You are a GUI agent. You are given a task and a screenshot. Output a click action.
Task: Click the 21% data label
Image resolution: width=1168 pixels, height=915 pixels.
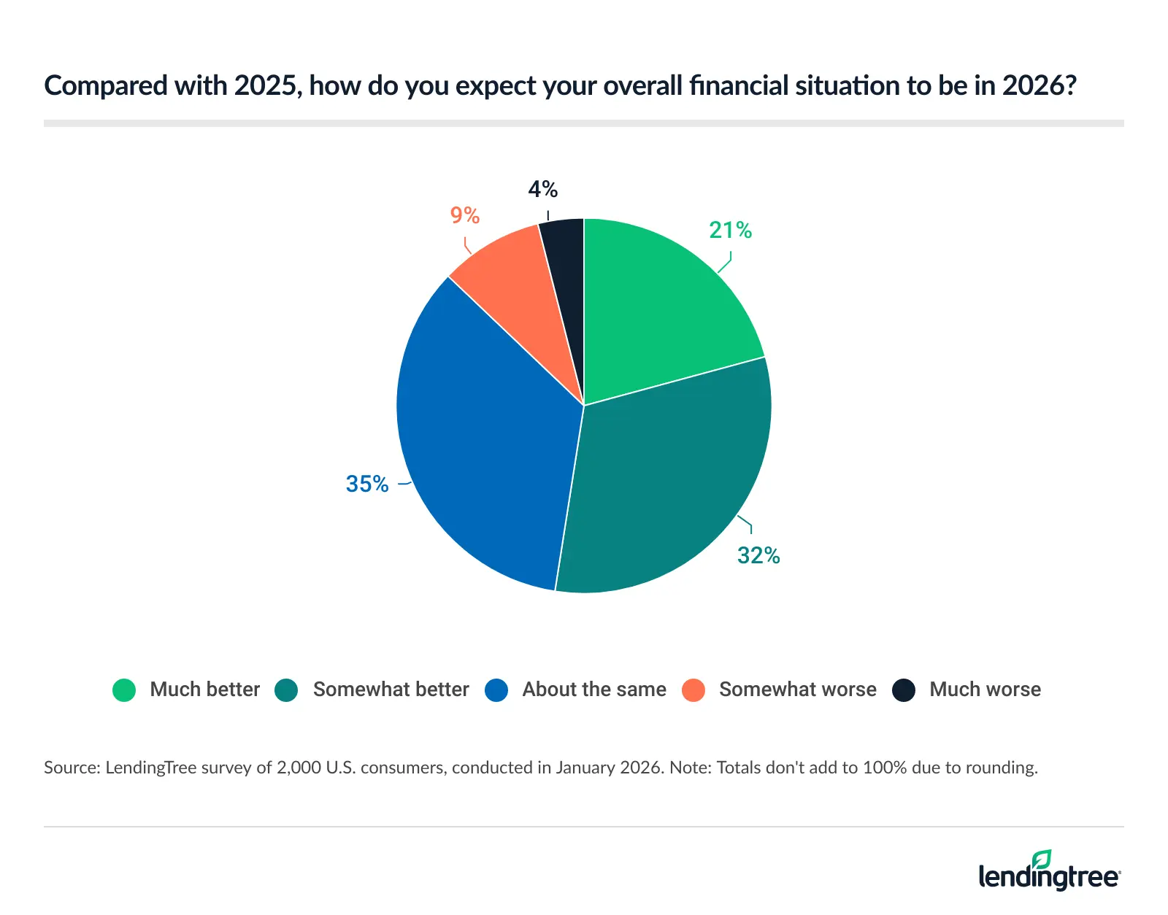tap(730, 231)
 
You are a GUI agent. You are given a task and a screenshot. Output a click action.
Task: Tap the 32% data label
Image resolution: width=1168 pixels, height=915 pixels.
tap(758, 556)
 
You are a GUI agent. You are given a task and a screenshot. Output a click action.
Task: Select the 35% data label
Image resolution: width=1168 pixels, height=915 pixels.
tap(367, 484)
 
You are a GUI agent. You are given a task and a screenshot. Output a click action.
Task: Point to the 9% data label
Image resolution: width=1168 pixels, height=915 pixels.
tap(464, 216)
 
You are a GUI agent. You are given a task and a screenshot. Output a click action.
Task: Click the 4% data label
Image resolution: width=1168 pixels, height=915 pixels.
tap(542, 190)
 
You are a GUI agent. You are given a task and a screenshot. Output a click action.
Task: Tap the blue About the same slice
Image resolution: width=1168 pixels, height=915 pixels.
tap(482, 438)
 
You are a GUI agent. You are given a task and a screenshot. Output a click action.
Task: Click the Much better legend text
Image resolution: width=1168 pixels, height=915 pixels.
tap(204, 690)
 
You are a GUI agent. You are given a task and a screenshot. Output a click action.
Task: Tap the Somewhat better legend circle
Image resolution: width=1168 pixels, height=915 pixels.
tap(286, 690)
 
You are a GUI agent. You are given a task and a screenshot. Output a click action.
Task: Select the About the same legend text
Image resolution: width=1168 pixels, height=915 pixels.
tap(594, 690)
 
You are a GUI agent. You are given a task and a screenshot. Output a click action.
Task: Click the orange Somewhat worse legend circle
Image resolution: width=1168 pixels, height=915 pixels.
tap(693, 690)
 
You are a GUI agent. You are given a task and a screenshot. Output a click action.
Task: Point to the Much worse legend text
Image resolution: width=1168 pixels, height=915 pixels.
tap(985, 690)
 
